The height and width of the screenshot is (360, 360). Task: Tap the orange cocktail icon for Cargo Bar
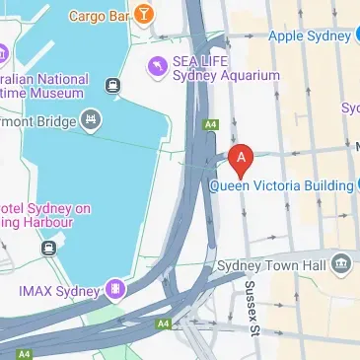coord(144,14)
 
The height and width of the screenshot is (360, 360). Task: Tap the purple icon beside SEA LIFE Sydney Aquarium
coord(156,66)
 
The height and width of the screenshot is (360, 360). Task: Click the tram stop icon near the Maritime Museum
coord(114,86)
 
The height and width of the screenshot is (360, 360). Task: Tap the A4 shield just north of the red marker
coord(210,124)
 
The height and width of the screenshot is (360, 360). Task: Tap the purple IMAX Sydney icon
coord(116,290)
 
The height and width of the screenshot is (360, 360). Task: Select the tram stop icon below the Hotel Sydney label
coord(48,249)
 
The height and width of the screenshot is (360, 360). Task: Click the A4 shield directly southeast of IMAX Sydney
coord(162,323)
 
